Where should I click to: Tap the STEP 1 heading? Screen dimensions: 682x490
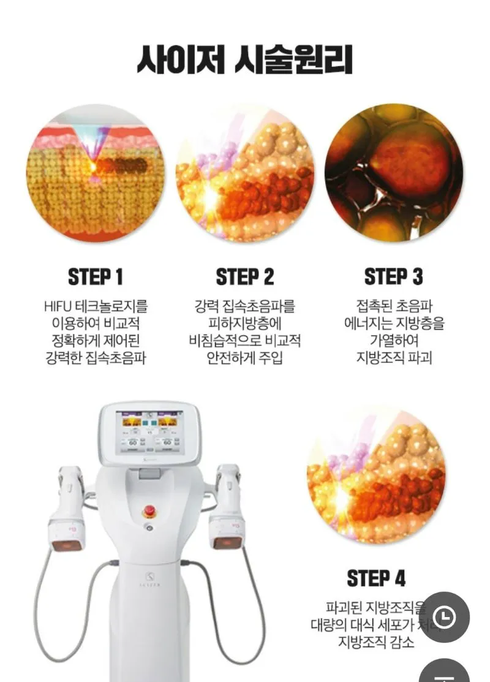pos(96,277)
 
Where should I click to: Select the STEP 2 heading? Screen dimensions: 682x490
pos(245,277)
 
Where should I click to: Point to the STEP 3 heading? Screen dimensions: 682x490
pos(394,277)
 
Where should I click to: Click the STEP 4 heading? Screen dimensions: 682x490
pos(376,578)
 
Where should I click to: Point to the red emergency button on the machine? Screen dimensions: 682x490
pos(149,510)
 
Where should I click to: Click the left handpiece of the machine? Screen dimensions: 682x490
pos(66,509)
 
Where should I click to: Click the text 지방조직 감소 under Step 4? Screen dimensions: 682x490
pos(376,642)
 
